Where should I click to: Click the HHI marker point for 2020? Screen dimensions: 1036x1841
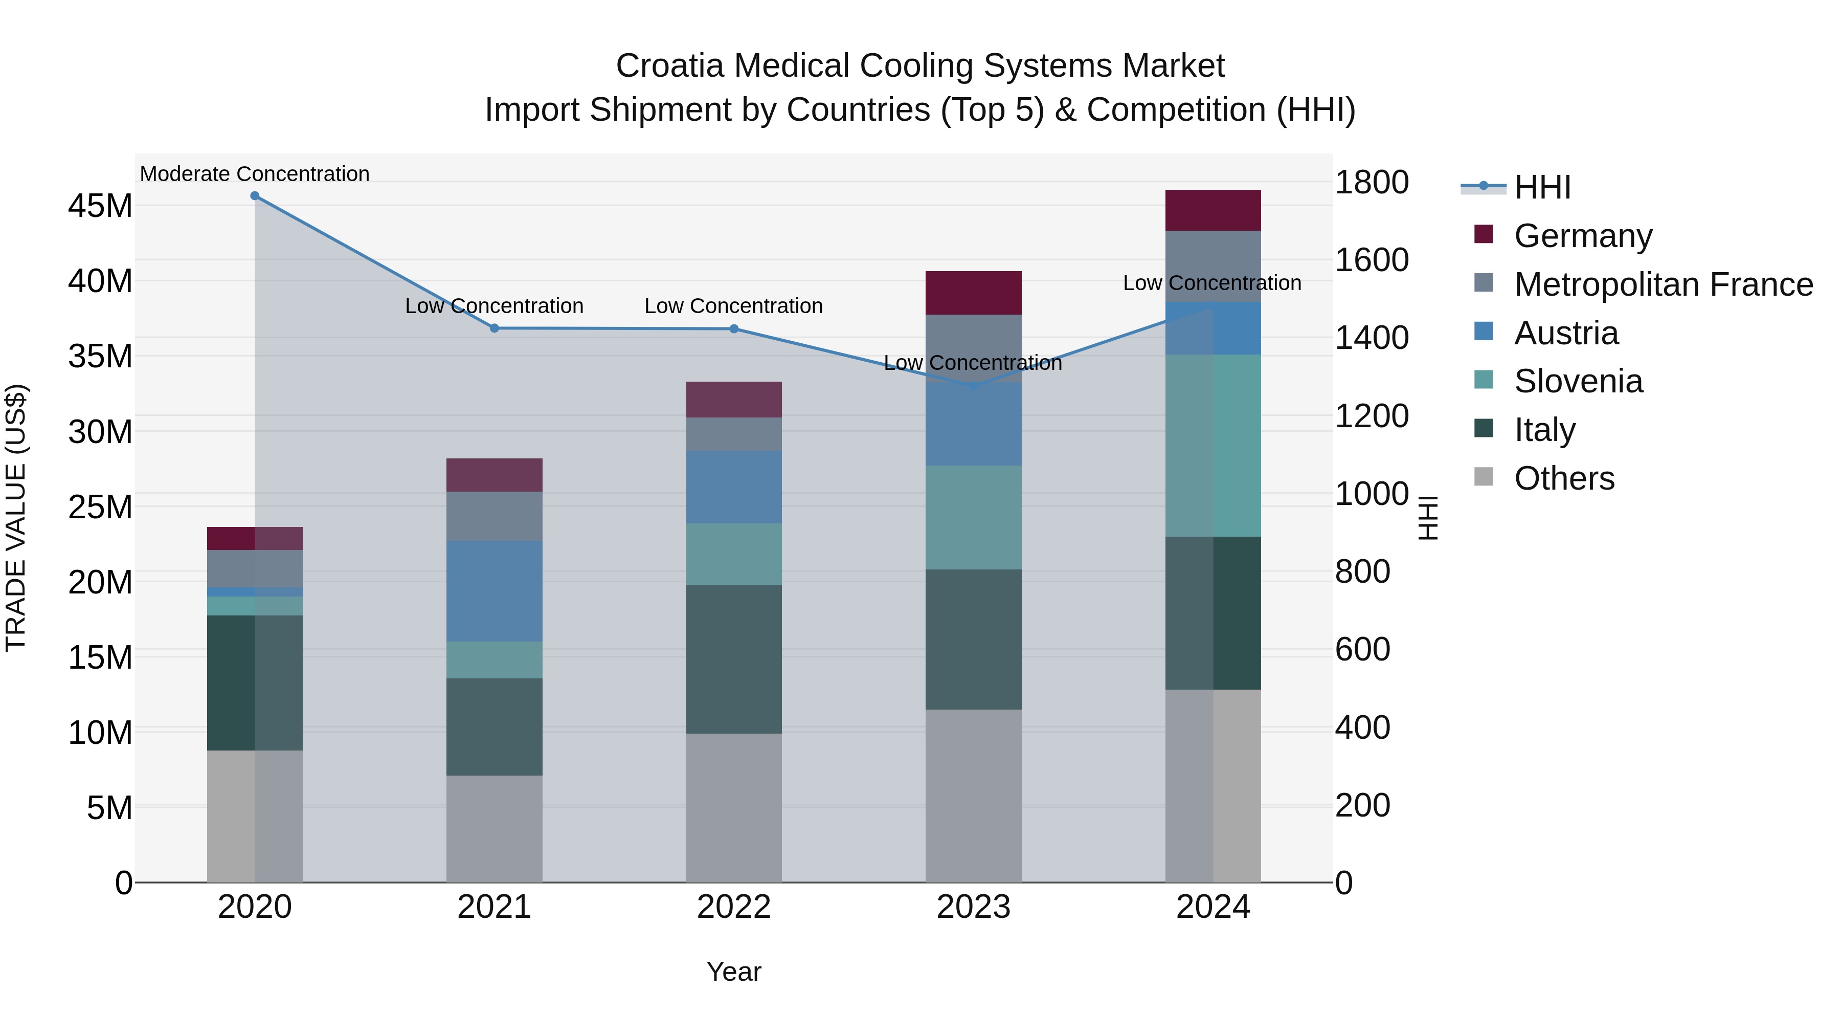click(255, 196)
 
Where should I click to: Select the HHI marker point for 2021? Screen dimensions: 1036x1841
click(494, 328)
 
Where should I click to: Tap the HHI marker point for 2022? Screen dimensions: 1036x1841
click(733, 329)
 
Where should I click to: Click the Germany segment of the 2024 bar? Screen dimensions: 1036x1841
click(1213, 210)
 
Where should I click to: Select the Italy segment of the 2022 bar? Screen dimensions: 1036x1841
click(733, 659)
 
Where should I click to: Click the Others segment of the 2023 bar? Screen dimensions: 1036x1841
click(973, 795)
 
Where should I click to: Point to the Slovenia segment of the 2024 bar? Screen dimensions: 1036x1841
click(1213, 446)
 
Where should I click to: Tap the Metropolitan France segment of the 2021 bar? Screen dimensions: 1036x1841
click(494, 516)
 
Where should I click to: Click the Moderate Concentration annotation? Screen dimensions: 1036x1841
click(255, 174)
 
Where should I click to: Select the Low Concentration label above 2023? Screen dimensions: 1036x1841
click(973, 363)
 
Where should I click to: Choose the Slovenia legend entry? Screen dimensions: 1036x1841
click(1578, 381)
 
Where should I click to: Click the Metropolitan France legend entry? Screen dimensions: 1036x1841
click(1663, 284)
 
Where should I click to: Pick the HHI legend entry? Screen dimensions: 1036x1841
click(1541, 187)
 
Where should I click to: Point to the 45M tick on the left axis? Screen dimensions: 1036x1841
click(100, 206)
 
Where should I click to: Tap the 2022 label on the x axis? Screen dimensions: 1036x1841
click(733, 907)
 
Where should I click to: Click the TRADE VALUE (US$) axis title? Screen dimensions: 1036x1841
click(16, 518)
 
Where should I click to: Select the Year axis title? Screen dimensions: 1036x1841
click(733, 972)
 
